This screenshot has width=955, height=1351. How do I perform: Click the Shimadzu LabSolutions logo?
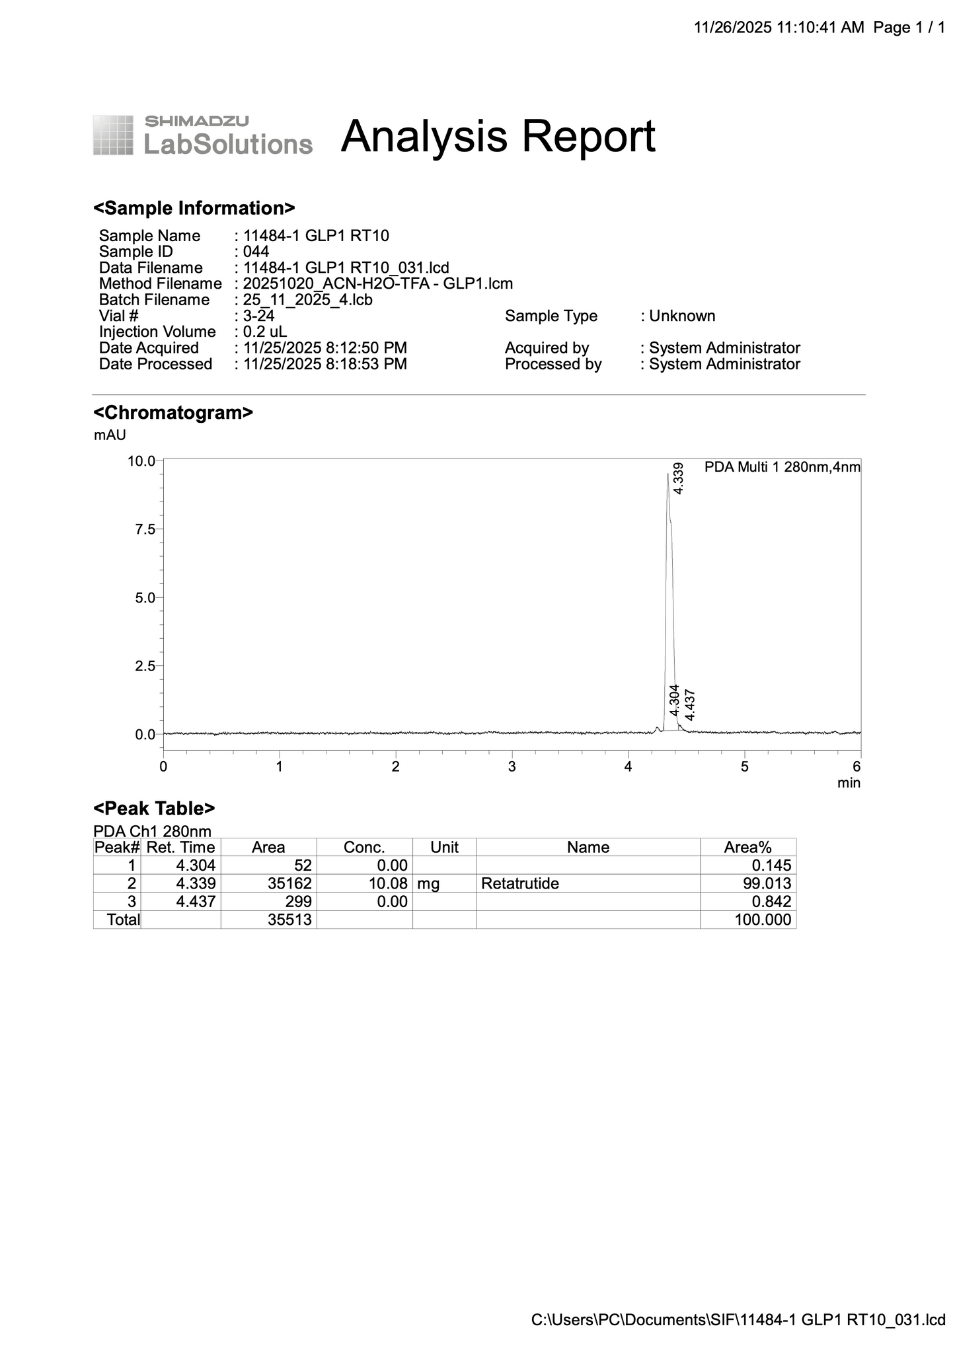pos(202,135)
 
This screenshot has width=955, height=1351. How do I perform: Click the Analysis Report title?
pos(498,137)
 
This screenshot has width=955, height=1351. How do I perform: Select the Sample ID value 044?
pos(256,252)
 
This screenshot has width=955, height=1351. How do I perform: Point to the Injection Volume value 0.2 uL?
pos(265,332)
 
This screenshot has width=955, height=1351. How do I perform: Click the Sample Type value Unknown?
pos(682,316)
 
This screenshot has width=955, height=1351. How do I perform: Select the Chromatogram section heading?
pos(173,413)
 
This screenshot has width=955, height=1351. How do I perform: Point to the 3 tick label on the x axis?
pos(512,767)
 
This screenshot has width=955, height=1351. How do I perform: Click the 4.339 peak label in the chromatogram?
pos(679,478)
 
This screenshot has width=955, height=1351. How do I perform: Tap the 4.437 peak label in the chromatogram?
pos(690,705)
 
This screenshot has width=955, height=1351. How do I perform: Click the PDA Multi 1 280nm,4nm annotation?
pos(783,468)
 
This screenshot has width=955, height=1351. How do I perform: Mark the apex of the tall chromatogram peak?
pos(668,474)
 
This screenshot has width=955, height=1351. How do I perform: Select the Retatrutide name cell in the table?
pos(520,884)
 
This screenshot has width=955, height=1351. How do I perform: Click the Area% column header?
pos(747,848)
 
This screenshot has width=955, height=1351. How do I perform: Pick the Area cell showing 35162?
pos(289,884)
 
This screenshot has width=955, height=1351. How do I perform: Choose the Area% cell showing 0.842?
pos(771,902)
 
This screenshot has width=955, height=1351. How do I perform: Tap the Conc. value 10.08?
pos(388,884)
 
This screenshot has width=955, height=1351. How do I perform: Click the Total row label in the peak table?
pos(124,920)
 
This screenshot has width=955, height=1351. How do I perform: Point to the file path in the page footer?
pos(738,1320)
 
